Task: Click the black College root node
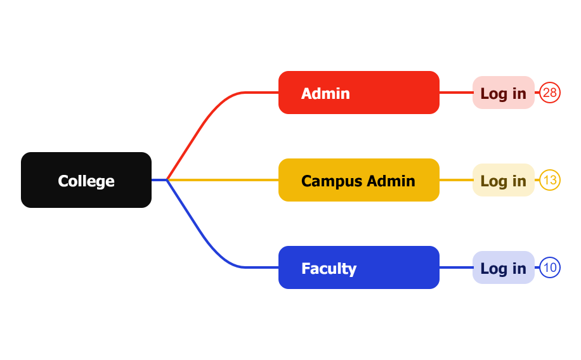point(86,180)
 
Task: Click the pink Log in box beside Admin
point(503,93)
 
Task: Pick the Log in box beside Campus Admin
point(503,180)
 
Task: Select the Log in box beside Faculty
point(503,267)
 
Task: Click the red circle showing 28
point(550,93)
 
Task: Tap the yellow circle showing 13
point(550,180)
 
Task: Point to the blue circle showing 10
point(550,267)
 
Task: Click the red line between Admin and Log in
point(456,93)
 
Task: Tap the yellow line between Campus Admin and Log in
point(456,180)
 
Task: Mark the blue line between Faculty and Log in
point(456,267)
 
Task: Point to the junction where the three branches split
point(167,180)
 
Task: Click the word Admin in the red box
point(325,93)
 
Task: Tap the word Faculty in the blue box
point(329,268)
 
